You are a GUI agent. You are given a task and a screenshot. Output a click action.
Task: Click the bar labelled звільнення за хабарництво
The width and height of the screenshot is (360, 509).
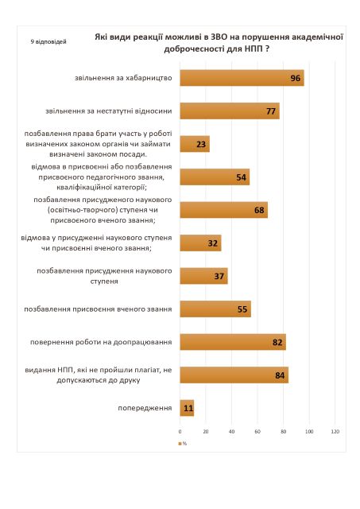[242, 78]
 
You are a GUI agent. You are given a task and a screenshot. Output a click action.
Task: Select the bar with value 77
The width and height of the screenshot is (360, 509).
[230, 111]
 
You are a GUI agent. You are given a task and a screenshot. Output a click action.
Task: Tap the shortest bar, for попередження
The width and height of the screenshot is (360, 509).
[187, 408]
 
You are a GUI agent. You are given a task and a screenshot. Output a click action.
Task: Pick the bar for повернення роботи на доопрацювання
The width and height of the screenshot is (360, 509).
[233, 342]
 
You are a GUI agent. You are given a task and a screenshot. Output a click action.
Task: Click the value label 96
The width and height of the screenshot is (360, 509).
[296, 78]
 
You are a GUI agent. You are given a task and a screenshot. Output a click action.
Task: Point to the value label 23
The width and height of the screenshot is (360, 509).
[201, 144]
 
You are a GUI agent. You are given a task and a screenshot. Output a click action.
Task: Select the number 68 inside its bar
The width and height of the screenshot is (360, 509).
[259, 210]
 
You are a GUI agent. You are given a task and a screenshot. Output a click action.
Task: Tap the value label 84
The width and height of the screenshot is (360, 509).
[280, 375]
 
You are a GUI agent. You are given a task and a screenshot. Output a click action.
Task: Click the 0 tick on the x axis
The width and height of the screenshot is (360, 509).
[180, 431]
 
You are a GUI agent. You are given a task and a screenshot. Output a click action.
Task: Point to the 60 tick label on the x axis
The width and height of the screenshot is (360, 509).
[257, 431]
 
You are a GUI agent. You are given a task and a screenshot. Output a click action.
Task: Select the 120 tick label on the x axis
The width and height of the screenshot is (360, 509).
[335, 431]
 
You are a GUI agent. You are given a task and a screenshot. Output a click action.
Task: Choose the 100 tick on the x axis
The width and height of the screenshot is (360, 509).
[309, 431]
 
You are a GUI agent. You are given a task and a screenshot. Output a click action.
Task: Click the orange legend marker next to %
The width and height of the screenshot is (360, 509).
[180, 444]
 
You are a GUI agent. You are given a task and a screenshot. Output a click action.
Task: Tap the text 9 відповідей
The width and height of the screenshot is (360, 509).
[48, 42]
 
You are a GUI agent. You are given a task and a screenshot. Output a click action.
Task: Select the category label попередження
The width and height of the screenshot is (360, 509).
[145, 408]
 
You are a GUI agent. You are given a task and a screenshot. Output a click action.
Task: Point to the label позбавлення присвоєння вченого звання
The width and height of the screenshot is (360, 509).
[98, 309]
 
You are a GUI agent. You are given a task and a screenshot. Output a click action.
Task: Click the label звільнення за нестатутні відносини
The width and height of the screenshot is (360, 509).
[109, 111]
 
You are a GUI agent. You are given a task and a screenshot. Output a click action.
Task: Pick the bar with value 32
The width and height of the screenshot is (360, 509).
[200, 243]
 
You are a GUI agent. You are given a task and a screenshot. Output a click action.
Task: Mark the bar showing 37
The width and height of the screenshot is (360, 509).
[203, 276]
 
